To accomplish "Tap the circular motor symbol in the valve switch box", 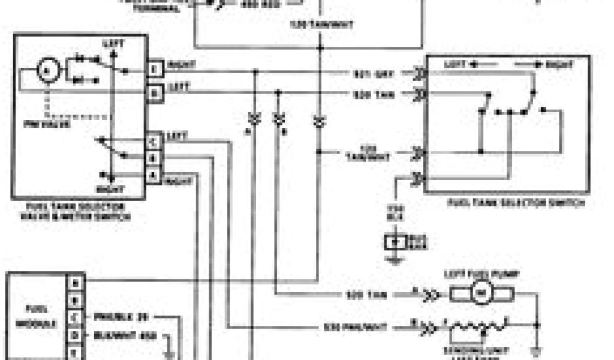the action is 46,71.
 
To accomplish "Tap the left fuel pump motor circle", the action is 481,293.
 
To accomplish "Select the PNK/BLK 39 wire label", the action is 122,316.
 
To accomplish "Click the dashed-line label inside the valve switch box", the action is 54,125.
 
